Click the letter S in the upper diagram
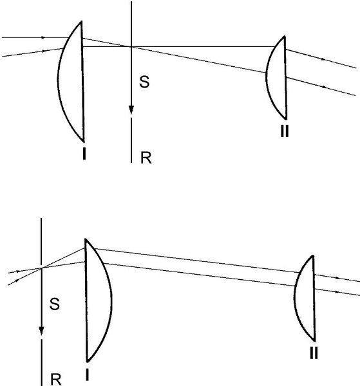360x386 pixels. click(x=144, y=82)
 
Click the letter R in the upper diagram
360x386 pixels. click(x=146, y=158)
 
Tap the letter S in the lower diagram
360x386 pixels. click(x=55, y=304)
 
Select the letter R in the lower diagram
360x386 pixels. click(x=56, y=380)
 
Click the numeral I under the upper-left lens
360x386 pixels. click(x=84, y=154)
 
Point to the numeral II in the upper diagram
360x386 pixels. click(x=285, y=131)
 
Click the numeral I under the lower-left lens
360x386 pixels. click(x=87, y=376)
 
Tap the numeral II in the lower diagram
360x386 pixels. click(x=314, y=353)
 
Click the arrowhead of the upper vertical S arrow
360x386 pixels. click(x=131, y=110)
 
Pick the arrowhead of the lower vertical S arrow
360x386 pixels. click(x=41, y=331)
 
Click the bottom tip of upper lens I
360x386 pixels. click(x=84, y=142)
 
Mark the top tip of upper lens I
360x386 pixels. click(x=81, y=22)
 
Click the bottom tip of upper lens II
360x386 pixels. click(x=286, y=119)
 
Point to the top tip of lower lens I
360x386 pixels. click(x=85, y=239)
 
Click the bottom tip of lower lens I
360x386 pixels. click(x=88, y=362)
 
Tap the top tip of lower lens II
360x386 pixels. click(x=313, y=256)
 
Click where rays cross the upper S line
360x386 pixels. click(x=131, y=46)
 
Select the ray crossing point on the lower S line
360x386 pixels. click(x=41, y=268)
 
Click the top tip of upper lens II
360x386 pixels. click(x=285, y=37)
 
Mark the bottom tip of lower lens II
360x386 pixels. click(x=314, y=341)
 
